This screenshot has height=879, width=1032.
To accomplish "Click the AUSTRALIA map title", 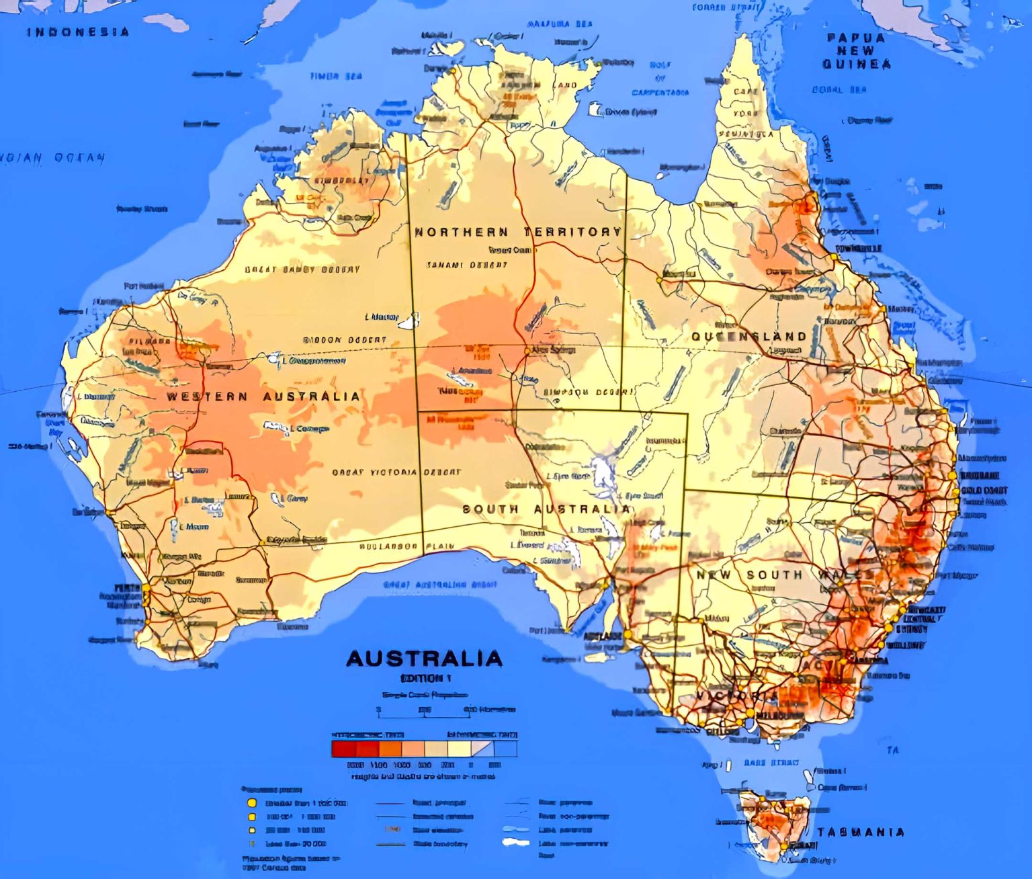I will click(424, 658).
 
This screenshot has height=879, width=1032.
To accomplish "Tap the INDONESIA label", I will click(78, 32).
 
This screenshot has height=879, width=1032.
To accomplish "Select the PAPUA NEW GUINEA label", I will click(857, 51).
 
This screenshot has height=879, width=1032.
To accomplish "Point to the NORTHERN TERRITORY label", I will click(517, 232).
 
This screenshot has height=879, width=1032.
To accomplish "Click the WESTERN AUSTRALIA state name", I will click(263, 396).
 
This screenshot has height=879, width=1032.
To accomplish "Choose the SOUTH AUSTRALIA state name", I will click(546, 509).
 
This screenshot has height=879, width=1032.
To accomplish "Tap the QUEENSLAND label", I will click(748, 336).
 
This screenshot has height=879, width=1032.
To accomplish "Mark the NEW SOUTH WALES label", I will click(786, 575).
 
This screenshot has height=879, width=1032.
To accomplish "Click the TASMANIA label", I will click(861, 832).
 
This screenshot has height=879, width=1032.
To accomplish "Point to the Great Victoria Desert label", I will click(396, 472).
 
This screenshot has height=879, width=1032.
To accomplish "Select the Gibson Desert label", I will click(345, 340).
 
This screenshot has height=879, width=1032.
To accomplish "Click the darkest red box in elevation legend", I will click(343, 749).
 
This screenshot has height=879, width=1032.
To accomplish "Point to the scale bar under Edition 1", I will click(423, 709).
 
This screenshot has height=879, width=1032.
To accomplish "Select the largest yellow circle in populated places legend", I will click(252, 802).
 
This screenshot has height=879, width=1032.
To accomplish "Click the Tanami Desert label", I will click(466, 265).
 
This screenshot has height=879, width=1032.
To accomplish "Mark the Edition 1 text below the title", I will click(425, 678).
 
